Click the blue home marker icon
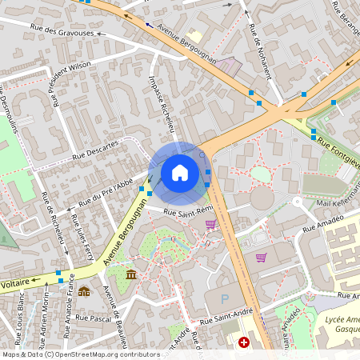(180, 172)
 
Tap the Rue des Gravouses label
(62, 33)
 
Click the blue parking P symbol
(224, 298)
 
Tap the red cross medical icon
(244, 342)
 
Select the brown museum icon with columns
(131, 275)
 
